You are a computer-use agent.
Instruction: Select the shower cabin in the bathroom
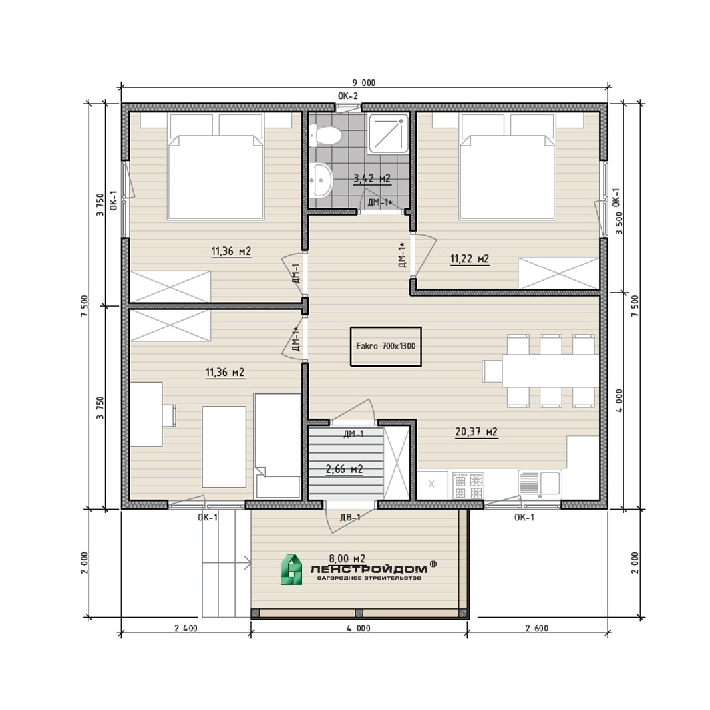[389, 134]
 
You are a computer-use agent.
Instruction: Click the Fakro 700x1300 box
[386, 347]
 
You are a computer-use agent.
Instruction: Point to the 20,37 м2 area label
[476, 432]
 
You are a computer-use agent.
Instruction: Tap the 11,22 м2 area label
[470, 259]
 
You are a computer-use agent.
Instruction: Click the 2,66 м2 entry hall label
[344, 469]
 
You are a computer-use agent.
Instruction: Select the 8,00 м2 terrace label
[347, 558]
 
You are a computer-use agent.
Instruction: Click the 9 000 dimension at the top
[364, 83]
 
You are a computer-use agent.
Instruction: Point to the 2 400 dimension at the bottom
[186, 629]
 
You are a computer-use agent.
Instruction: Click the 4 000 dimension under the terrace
[359, 629]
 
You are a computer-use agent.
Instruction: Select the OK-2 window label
[348, 96]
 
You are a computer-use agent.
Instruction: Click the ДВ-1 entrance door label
[351, 517]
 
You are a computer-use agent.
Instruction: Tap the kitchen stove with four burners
[468, 485]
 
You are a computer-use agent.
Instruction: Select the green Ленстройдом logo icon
[291, 570]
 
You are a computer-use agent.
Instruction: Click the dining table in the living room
[550, 371]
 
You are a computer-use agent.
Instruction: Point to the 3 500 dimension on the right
[619, 223]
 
